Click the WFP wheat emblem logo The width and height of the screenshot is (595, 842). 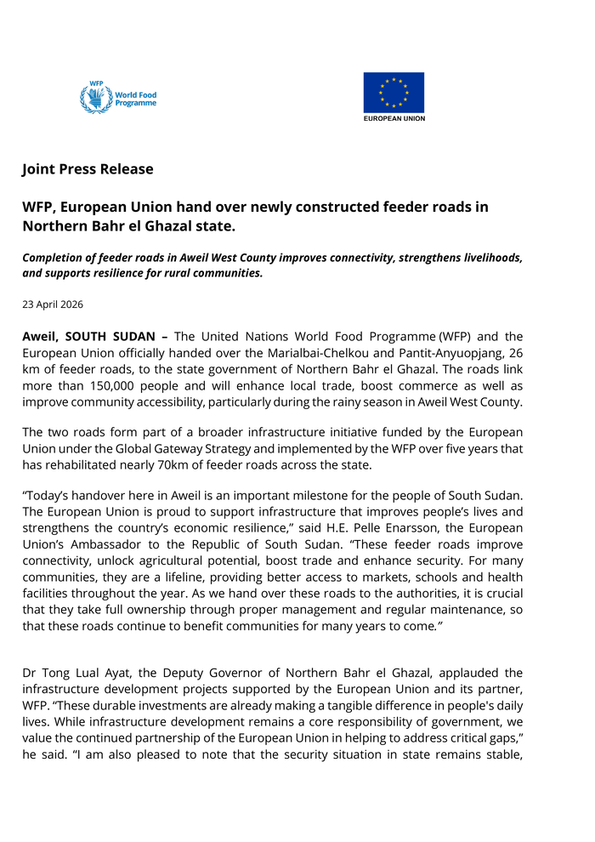click(96, 98)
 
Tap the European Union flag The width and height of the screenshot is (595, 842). click(394, 92)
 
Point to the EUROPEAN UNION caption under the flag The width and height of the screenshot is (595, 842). click(394, 118)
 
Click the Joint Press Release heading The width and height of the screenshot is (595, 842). click(88, 168)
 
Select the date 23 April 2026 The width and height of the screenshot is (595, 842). click(53, 304)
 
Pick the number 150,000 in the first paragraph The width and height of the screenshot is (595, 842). click(114, 384)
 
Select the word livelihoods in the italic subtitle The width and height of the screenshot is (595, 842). click(480, 257)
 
